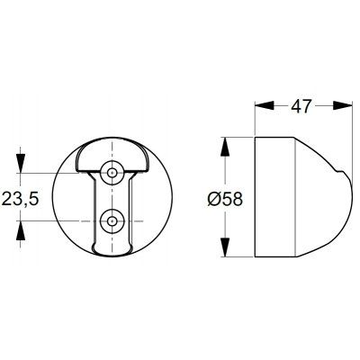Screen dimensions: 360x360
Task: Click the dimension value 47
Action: (x=301, y=105)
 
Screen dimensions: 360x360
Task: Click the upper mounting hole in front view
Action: (x=112, y=173)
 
